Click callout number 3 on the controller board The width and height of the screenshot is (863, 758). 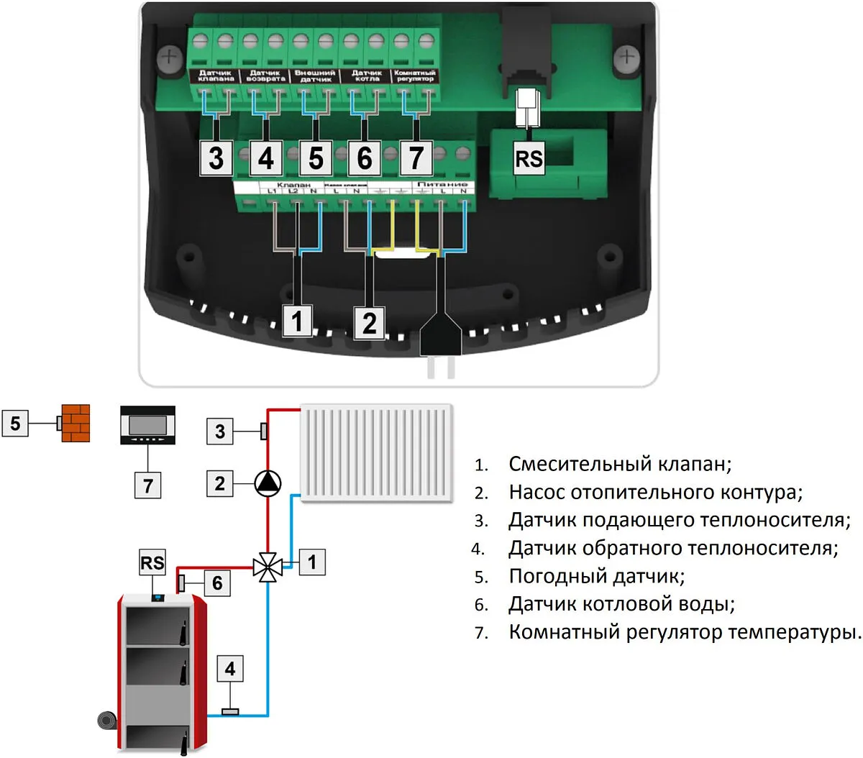tap(216, 158)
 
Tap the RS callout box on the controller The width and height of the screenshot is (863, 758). tap(529, 158)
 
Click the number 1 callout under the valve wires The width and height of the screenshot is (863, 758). tap(298, 321)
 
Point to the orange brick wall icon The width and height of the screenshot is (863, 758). tap(76, 423)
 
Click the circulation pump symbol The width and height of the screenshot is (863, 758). tap(268, 483)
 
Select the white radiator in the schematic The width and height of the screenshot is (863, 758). tap(377, 452)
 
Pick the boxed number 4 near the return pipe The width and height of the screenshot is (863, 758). tap(230, 670)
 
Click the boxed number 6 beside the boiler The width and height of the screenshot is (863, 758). tap(217, 583)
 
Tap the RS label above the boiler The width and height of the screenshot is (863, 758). tap(152, 562)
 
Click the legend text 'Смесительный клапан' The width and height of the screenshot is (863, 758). tap(620, 464)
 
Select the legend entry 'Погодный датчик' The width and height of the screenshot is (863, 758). tap(597, 576)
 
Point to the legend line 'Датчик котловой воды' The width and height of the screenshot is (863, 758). tap(621, 604)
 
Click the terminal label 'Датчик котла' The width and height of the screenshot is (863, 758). tap(367, 76)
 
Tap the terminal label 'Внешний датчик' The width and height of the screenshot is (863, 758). tap(315, 76)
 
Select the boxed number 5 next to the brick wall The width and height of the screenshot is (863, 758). tap(16, 423)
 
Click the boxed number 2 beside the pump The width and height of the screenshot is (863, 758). tap(220, 483)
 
